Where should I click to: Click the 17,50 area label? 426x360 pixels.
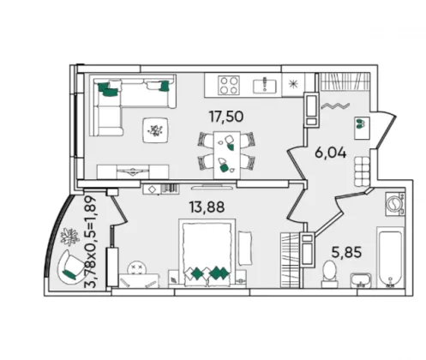(x=226, y=117)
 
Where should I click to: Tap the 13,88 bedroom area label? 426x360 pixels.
(x=207, y=207)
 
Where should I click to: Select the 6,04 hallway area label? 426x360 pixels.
(x=331, y=153)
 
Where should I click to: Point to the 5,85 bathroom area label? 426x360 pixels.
(x=346, y=252)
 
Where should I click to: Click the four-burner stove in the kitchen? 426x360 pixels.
(x=229, y=85)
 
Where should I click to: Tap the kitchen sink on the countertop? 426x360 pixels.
(x=265, y=86)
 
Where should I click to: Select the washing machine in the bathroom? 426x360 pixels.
(x=394, y=203)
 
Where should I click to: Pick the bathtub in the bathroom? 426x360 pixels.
(x=391, y=257)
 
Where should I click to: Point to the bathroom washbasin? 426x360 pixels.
(x=361, y=280)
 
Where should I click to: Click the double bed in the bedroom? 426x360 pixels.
(x=207, y=253)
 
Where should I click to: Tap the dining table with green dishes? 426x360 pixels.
(x=227, y=154)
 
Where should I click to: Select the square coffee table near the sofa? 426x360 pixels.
(x=155, y=130)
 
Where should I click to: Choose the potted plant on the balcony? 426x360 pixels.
(x=69, y=237)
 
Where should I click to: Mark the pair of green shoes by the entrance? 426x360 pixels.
(x=360, y=123)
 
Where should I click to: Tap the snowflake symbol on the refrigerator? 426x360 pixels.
(x=292, y=84)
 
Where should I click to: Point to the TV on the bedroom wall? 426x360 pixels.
(x=212, y=188)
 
